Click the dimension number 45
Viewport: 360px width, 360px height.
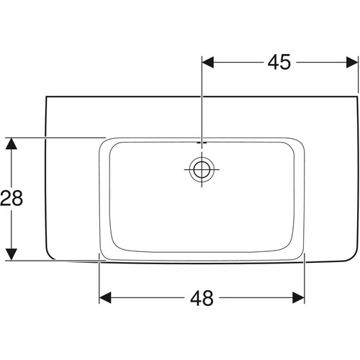tap(279, 62)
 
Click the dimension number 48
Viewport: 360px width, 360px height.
tap(202, 298)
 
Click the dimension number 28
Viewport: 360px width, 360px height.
tap(12, 198)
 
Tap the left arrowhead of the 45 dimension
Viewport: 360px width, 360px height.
tap(208, 63)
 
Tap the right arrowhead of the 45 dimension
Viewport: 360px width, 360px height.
tap(352, 63)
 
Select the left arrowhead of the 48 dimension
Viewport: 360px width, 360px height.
tap(105, 297)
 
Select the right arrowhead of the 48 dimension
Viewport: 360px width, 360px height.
tap(298, 297)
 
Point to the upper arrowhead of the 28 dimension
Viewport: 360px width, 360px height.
tap(12, 144)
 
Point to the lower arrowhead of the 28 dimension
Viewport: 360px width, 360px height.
tap(12, 254)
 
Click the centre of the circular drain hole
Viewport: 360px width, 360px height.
tap(202, 169)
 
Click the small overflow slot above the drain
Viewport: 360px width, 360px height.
tap(202, 143)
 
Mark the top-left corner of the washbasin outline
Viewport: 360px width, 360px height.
tap(46, 96)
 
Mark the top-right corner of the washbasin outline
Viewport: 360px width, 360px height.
tap(357, 96)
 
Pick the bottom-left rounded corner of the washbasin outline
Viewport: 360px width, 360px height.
tap(49, 256)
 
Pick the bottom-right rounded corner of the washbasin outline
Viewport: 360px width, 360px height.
tap(355, 256)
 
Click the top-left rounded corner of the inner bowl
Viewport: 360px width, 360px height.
tap(113, 145)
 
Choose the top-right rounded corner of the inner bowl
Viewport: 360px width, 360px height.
tap(291, 145)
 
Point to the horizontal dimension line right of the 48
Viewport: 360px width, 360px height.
tap(256, 297)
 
